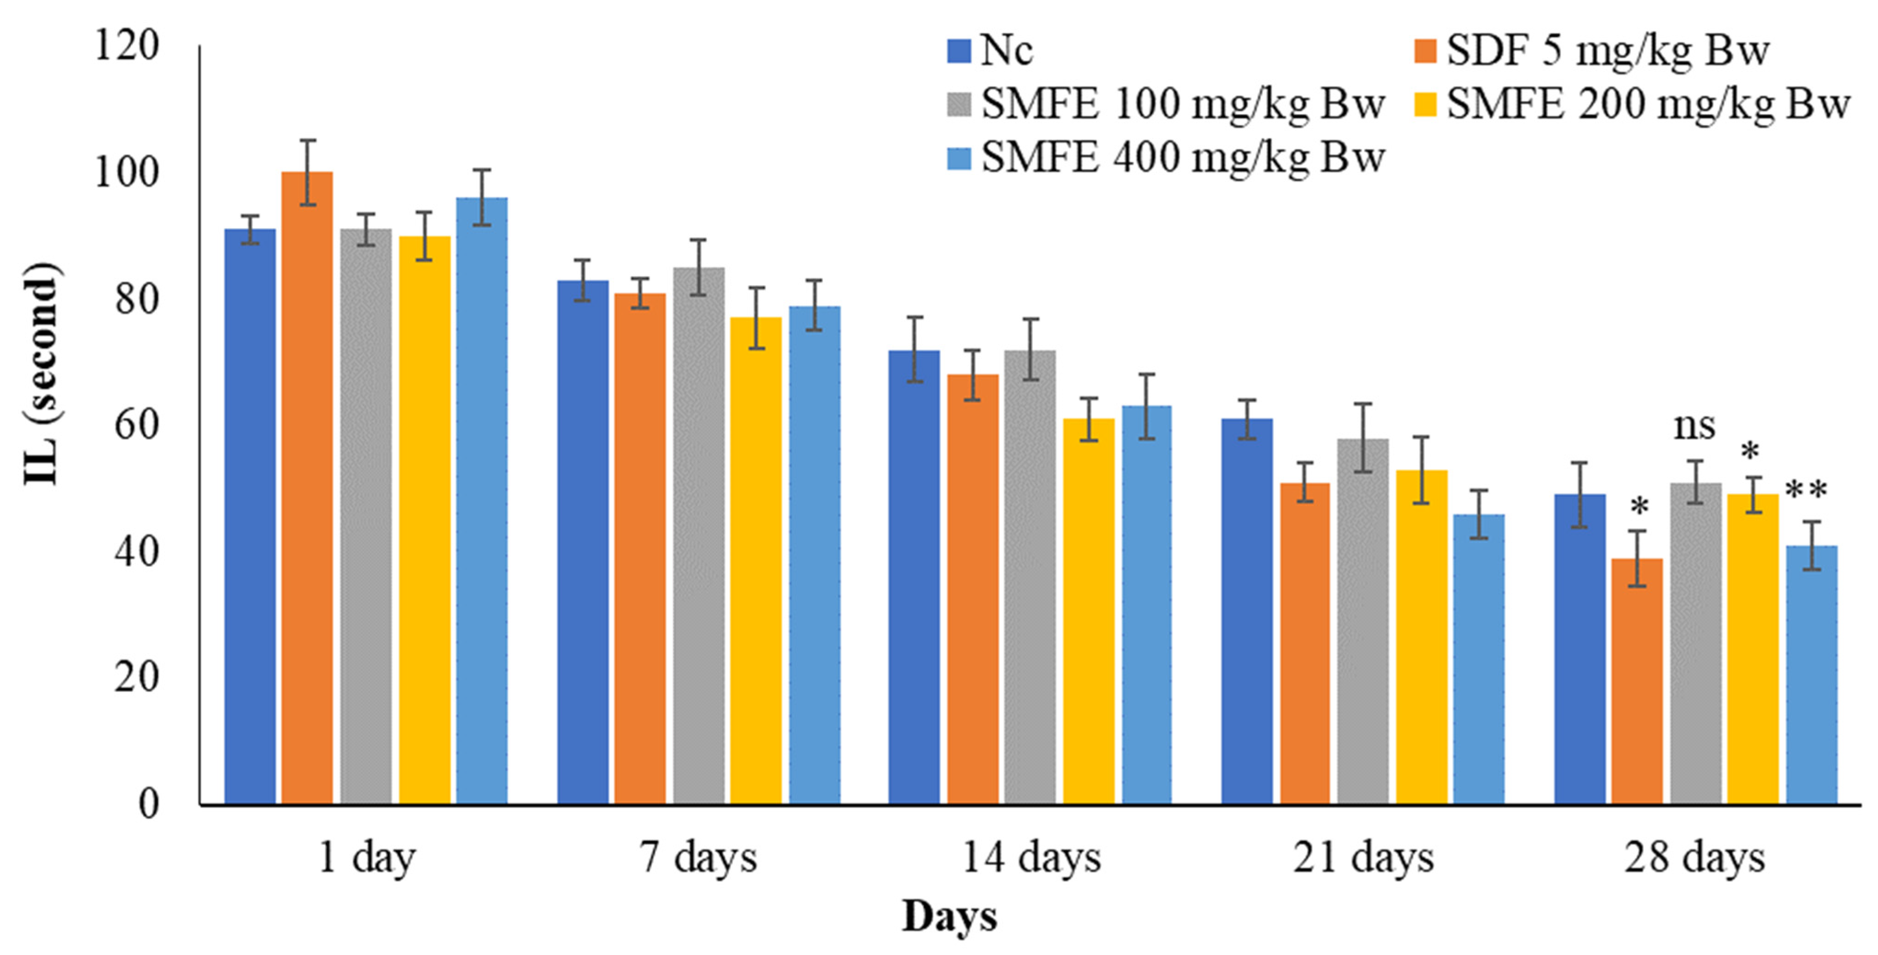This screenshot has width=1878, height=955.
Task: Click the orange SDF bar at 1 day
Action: pos(307,489)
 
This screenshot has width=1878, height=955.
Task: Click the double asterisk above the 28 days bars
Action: pos(1806,490)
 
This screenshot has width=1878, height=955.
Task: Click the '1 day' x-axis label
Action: pos(367,858)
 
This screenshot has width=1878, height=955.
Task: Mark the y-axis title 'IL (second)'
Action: pos(41,373)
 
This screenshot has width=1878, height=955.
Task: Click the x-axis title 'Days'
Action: pos(949,916)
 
